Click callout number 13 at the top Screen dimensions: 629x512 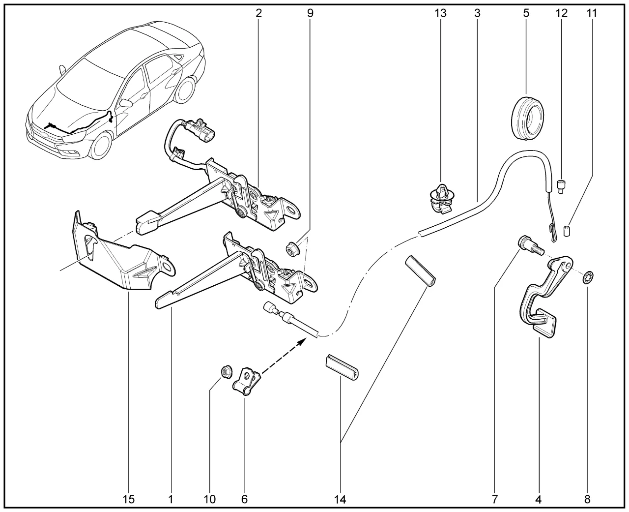coord(440,13)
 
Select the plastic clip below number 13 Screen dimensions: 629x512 coord(441,199)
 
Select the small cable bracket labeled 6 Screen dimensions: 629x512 coord(247,381)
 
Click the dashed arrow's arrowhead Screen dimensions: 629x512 coord(302,342)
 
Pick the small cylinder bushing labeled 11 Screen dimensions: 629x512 coord(567,231)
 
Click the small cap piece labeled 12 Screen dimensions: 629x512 coord(561,186)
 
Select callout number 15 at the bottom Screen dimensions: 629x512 coord(128,499)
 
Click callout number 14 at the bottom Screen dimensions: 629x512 coord(340,499)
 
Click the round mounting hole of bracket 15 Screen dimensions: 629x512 coord(168,267)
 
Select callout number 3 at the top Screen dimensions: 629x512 coord(478,13)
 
